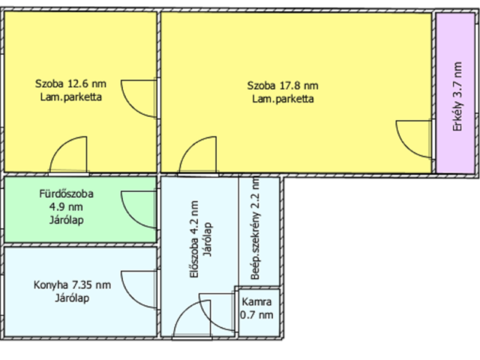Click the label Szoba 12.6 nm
70,83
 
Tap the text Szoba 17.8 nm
283,85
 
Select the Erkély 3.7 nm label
457,97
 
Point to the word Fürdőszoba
67,193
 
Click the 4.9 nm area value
66,207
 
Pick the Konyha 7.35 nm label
72,285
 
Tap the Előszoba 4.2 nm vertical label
194,239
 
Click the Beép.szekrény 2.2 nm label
255,228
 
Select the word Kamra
256,301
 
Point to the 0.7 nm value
256,315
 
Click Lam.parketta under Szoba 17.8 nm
283,99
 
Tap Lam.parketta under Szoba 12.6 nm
71,97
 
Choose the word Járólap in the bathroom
67,220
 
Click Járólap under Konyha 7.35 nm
72,298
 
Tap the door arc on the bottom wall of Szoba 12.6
61,145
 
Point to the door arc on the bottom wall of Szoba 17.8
190,145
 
